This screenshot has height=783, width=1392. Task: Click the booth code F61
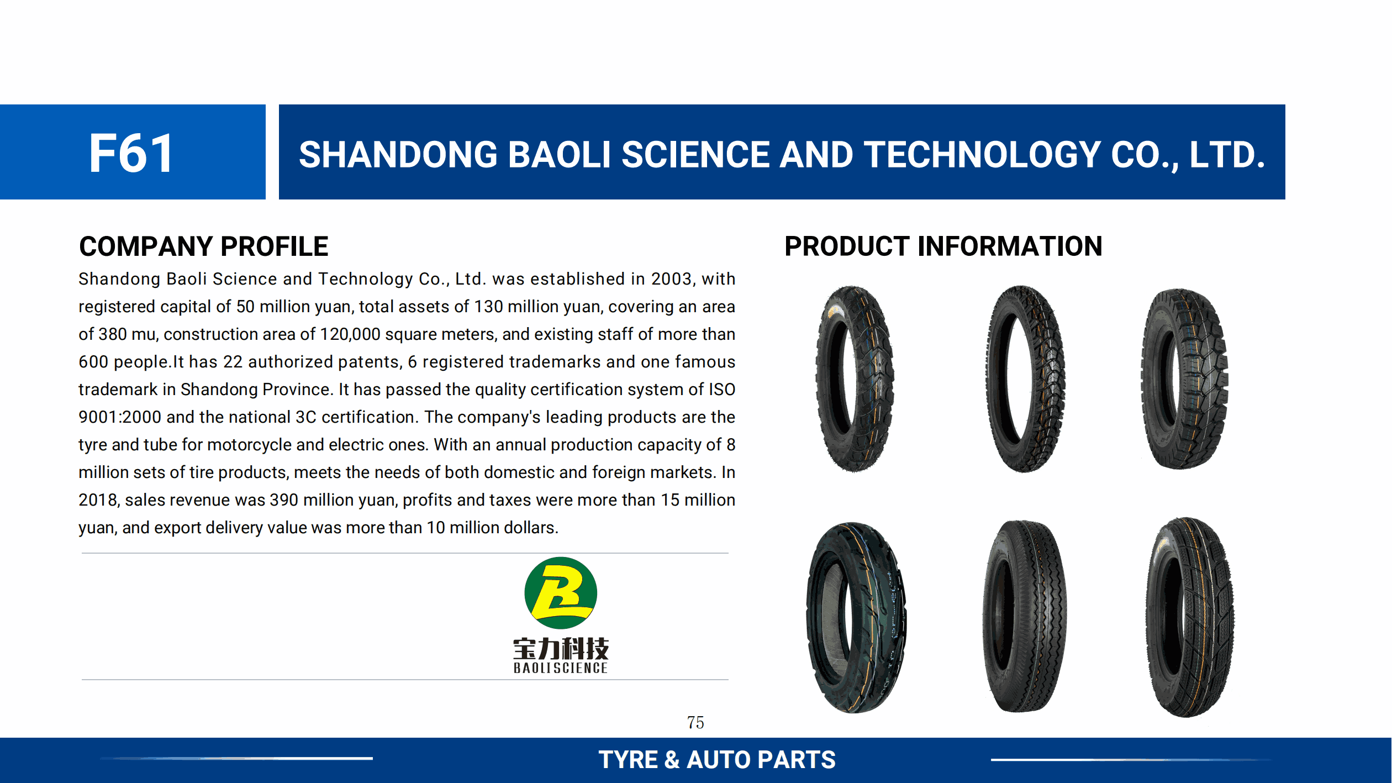click(x=131, y=153)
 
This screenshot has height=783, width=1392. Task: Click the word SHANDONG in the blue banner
click(x=398, y=154)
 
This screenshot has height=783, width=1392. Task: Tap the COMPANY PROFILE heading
click(x=204, y=246)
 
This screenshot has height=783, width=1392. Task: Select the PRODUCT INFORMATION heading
click(x=943, y=246)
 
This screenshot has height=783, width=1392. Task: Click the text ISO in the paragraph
click(x=722, y=390)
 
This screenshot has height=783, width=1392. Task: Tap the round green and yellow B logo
click(x=561, y=593)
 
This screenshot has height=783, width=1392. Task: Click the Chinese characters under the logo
click(x=561, y=649)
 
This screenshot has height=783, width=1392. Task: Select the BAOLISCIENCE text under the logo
click(x=561, y=668)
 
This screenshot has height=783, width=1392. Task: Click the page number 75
click(x=695, y=722)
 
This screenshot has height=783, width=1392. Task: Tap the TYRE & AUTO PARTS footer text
click(x=717, y=760)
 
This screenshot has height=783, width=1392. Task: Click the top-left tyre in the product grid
click(x=855, y=379)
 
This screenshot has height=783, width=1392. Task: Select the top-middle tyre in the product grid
click(x=1025, y=379)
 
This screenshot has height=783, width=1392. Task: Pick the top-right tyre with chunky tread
click(x=1184, y=379)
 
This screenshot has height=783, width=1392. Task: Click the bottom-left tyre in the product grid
click(x=856, y=617)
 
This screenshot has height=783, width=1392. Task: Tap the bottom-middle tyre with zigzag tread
click(x=1025, y=616)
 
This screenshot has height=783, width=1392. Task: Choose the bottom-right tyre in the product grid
click(x=1189, y=617)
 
